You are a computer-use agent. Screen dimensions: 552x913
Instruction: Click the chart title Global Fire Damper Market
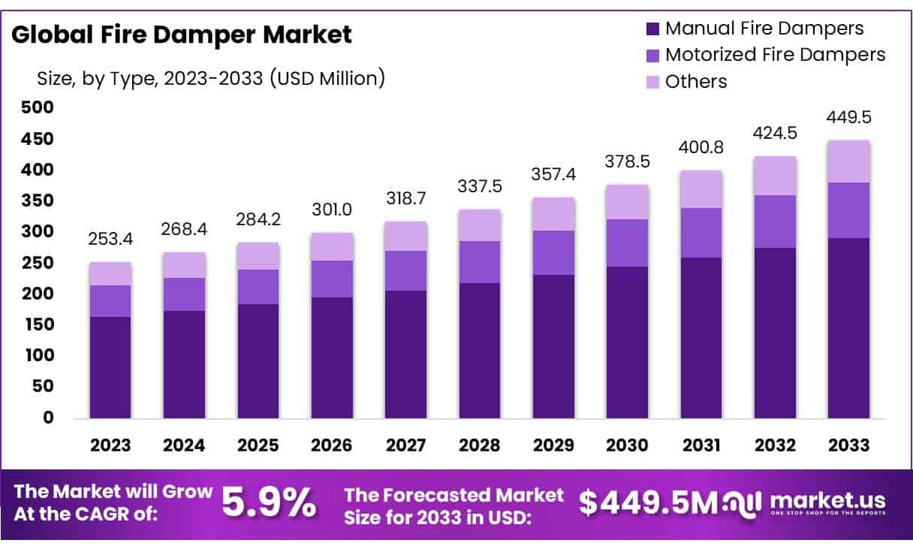(x=182, y=35)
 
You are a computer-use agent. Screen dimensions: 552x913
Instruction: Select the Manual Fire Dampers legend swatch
(x=652, y=29)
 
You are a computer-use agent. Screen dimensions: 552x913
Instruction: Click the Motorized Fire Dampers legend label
(x=775, y=55)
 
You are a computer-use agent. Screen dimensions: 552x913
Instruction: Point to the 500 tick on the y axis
(x=38, y=107)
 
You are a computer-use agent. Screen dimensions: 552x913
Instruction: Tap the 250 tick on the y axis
(x=38, y=263)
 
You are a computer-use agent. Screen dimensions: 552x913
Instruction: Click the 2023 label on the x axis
(x=110, y=445)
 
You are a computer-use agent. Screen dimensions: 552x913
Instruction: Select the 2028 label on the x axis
(x=480, y=445)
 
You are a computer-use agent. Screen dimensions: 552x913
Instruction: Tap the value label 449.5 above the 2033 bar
(x=848, y=118)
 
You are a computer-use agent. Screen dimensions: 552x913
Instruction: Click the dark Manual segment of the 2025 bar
(x=258, y=360)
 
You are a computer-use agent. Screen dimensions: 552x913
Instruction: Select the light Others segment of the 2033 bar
(x=848, y=161)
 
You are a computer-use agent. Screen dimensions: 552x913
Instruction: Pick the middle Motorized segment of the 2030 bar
(x=627, y=243)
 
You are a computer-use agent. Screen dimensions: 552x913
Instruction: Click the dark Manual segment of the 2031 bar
(x=701, y=338)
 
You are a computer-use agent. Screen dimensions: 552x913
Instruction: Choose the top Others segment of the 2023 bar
(x=110, y=274)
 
